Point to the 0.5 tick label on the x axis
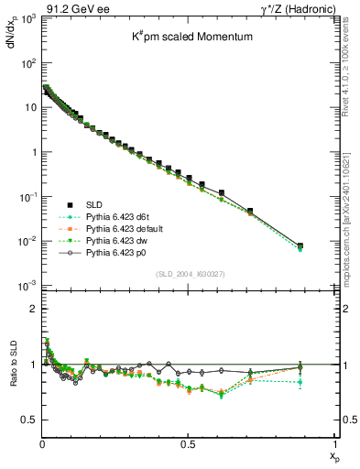[188, 443]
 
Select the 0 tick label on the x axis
[42, 443]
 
